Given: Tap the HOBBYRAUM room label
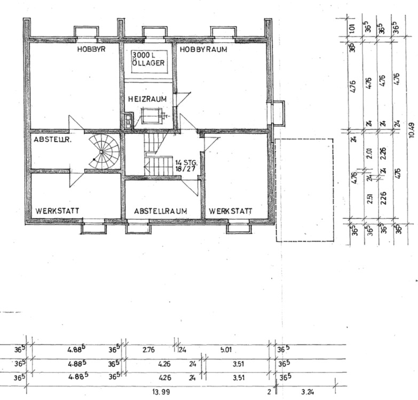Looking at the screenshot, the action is tap(203, 49).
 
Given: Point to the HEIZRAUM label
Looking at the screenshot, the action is tap(147, 99).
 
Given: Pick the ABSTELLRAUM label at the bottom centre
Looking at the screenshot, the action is tap(160, 211).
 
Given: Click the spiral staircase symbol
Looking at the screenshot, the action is tap(105, 151).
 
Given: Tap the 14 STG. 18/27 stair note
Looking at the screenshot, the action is tap(186, 165).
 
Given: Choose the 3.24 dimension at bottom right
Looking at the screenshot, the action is tap(307, 392).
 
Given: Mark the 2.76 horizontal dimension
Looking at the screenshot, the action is tap(149, 350).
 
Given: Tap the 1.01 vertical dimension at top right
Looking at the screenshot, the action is tap(352, 28).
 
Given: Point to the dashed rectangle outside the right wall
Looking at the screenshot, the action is tap(304, 189).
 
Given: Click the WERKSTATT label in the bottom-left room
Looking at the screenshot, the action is tap(58, 211).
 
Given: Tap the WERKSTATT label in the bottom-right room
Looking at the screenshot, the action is tap(230, 211).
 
